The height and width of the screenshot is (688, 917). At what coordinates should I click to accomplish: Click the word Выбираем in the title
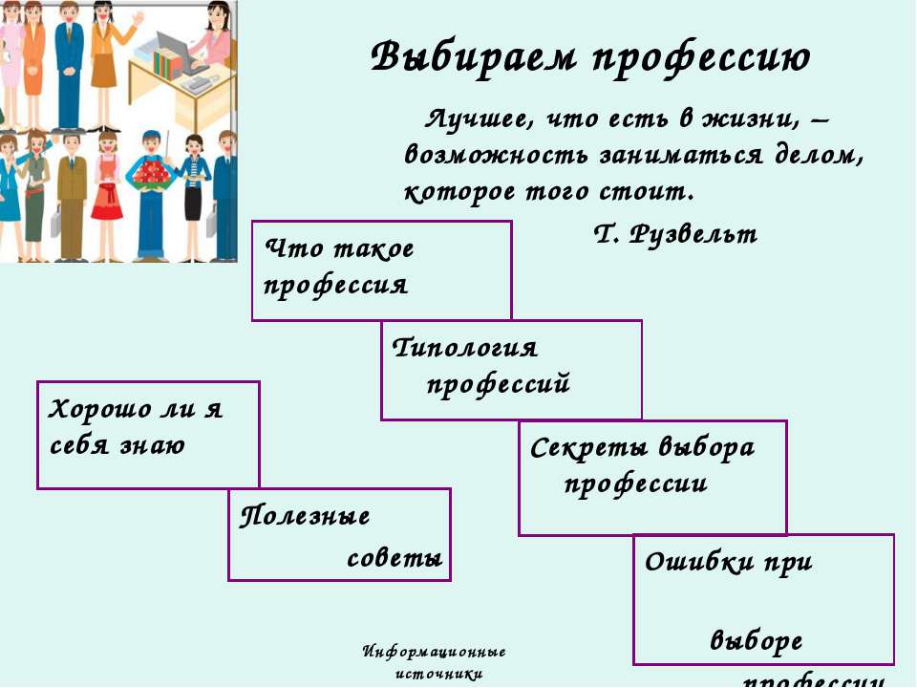472,57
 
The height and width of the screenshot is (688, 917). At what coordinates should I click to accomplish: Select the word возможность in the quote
487,156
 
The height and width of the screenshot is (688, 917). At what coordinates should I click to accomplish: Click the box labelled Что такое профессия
381,270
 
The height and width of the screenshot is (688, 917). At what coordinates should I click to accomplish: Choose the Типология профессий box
511,370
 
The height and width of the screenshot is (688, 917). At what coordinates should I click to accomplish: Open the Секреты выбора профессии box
652,477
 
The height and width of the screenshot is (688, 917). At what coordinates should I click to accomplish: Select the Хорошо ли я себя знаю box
148,435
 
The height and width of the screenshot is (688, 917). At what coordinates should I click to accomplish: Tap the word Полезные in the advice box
306,517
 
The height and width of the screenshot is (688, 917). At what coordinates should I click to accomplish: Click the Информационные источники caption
435,662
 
